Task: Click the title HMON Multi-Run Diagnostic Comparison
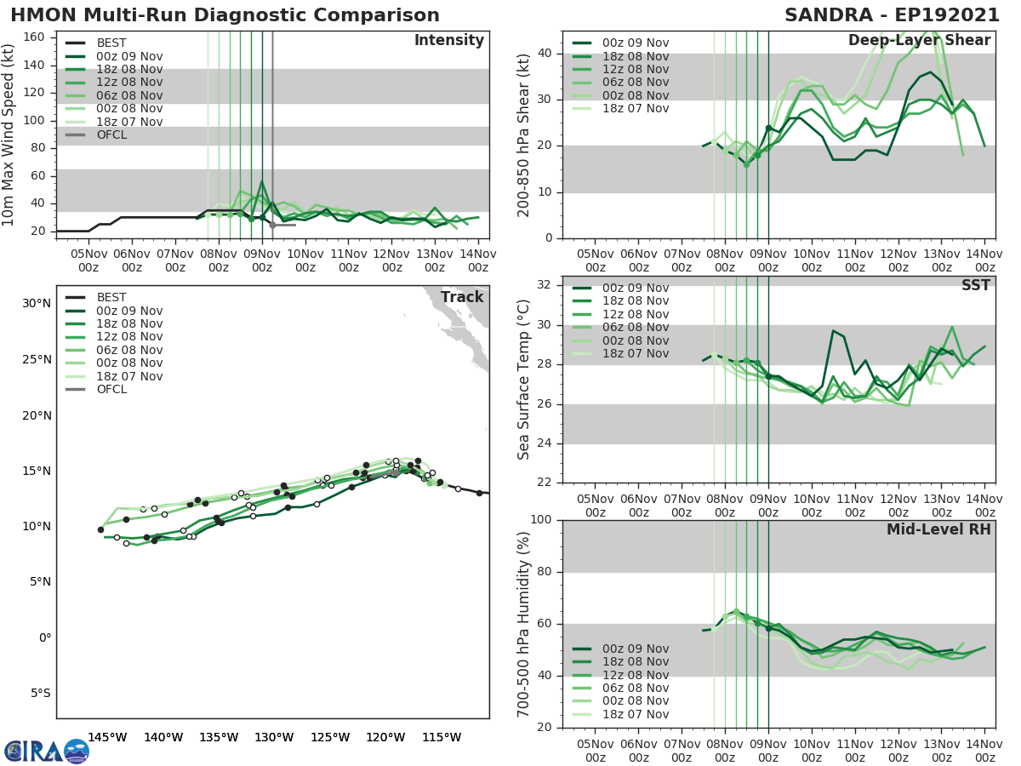pyautogui.click(x=225, y=15)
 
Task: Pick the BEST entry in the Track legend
pyautogui.click(x=111, y=297)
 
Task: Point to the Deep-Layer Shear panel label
pyautogui.click(x=919, y=41)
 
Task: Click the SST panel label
pyautogui.click(x=975, y=286)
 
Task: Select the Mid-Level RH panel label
pyautogui.click(x=938, y=529)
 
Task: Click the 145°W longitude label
pyautogui.click(x=107, y=737)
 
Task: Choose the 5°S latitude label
pyautogui.click(x=40, y=693)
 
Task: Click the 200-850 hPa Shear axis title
pyautogui.click(x=524, y=134)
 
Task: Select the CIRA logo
pyautogui.click(x=46, y=751)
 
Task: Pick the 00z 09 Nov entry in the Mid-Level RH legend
pyautogui.click(x=634, y=649)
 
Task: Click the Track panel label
pyautogui.click(x=462, y=297)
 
